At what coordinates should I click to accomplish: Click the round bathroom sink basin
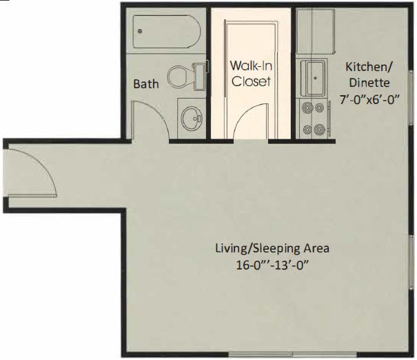(x=190, y=118)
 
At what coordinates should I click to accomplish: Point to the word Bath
(x=145, y=84)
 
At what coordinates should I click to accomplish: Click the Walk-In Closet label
(x=250, y=74)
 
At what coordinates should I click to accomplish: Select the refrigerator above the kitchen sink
(x=315, y=32)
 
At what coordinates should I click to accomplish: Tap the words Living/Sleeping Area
(x=272, y=248)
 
